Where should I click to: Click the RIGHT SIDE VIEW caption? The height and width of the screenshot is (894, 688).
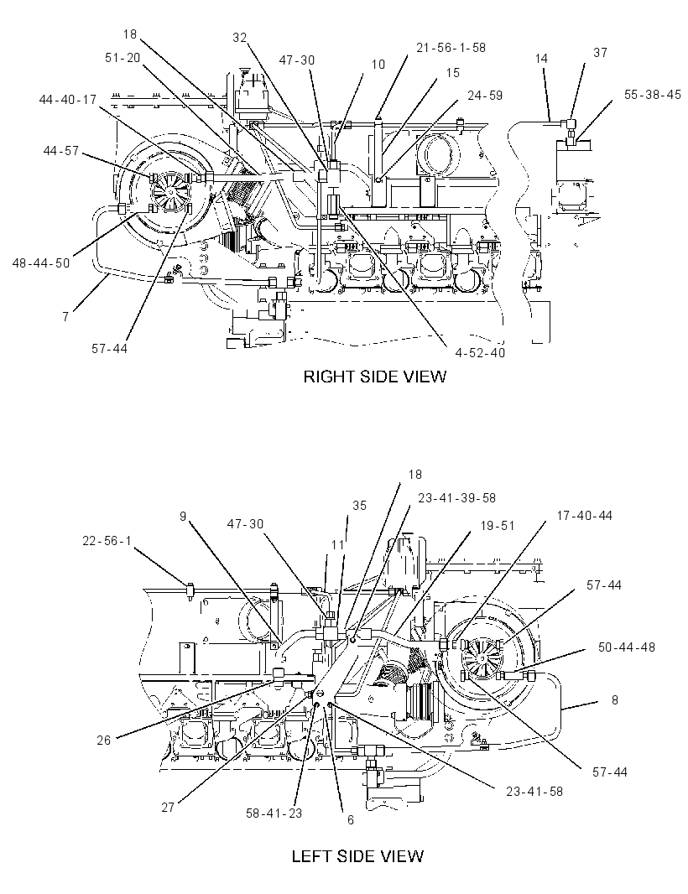tap(374, 377)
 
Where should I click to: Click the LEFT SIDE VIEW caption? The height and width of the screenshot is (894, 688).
tap(357, 856)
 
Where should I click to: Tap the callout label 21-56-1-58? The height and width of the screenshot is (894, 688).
tap(451, 47)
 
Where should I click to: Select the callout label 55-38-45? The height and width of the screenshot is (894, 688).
tap(652, 95)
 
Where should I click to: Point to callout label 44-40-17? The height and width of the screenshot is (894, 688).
tap(68, 100)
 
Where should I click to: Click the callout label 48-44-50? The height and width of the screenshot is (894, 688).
tap(41, 262)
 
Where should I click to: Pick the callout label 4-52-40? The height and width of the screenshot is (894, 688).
tap(480, 353)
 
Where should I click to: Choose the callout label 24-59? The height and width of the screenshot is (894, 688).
tap(485, 96)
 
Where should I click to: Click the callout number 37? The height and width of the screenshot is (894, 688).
tap(600, 53)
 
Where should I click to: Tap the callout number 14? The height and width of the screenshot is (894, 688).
tap(541, 58)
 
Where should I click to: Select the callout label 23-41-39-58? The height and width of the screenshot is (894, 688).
tap(457, 498)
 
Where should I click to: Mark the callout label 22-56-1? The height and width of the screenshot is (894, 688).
tap(107, 540)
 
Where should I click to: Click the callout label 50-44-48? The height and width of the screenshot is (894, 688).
tap(627, 647)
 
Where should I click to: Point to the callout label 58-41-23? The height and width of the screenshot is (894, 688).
tap(274, 813)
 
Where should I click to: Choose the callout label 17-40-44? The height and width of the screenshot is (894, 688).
tap(584, 516)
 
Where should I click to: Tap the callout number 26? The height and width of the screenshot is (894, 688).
tap(104, 740)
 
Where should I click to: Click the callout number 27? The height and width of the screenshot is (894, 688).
tap(168, 808)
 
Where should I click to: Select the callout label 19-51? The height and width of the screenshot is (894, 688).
tap(497, 526)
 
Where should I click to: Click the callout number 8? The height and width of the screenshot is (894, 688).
tap(614, 699)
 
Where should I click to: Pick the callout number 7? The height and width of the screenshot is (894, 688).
tap(65, 316)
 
